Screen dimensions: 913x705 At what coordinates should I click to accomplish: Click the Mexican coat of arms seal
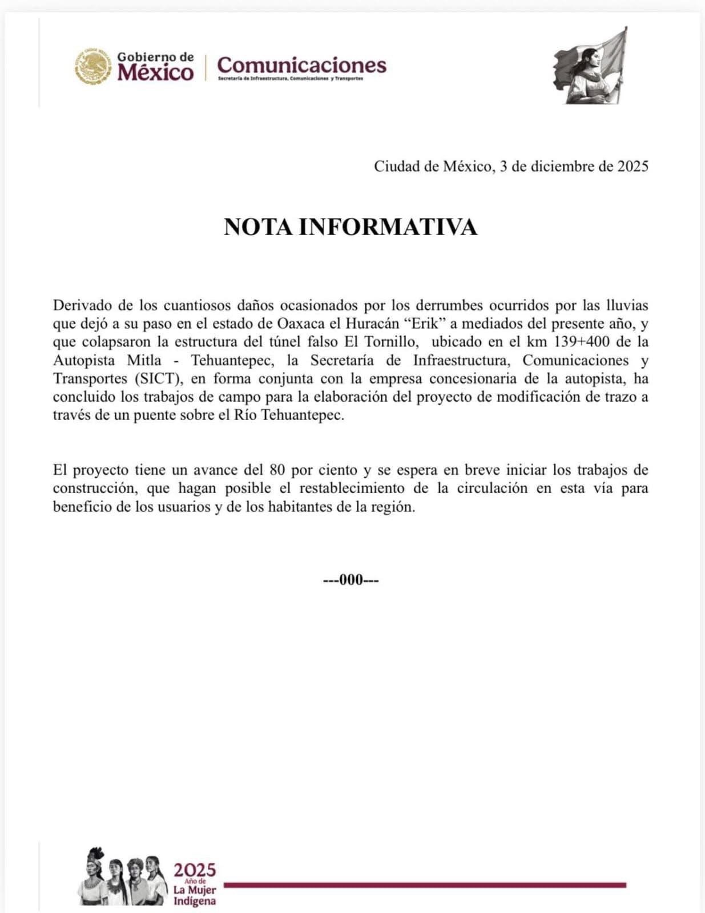pyautogui.click(x=93, y=66)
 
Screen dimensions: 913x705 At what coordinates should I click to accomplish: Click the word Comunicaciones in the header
pyautogui.click(x=301, y=64)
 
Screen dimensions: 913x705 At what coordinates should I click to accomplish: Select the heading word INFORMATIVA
pyautogui.click(x=388, y=227)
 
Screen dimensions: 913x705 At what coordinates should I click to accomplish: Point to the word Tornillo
pyautogui.click(x=397, y=342)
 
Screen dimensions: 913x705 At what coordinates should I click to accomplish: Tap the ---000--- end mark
pyautogui.click(x=351, y=580)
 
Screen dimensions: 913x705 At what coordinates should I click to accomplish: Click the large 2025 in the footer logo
pyautogui.click(x=195, y=870)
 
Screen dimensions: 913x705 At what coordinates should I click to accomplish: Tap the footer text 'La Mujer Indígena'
pyautogui.click(x=195, y=895)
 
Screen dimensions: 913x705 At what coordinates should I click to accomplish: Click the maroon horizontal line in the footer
pyautogui.click(x=425, y=885)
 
